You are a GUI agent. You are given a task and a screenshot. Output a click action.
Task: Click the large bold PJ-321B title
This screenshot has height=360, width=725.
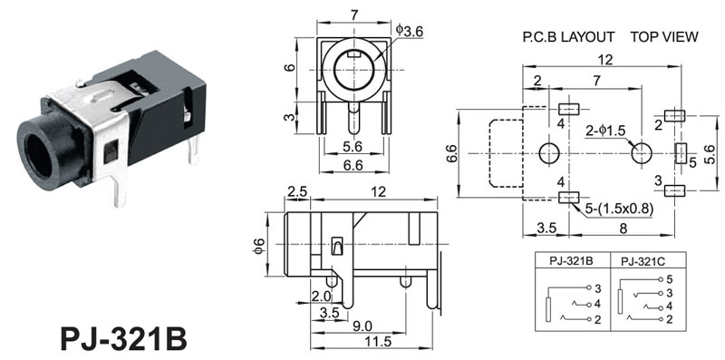click(x=123, y=339)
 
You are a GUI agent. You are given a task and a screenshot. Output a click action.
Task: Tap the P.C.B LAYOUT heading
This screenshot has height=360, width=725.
click(x=569, y=37)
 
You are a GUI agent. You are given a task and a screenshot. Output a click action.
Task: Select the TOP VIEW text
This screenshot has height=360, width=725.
click(x=664, y=37)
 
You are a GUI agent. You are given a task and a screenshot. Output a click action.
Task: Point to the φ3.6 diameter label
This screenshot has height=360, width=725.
click(x=410, y=31)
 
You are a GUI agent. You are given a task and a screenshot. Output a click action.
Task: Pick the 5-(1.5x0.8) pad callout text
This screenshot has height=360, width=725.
click(x=619, y=209)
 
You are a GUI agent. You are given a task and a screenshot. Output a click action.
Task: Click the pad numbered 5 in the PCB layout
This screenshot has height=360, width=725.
click(x=681, y=153)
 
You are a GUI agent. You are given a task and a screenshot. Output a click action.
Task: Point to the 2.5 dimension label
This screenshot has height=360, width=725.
click(x=296, y=192)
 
